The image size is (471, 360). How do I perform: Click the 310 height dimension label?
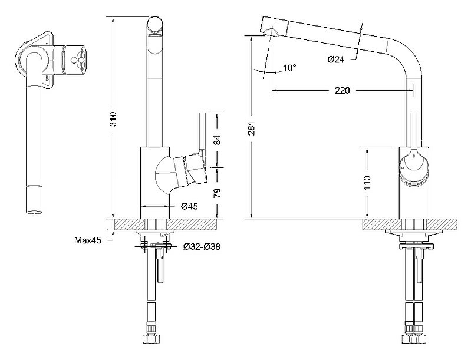click(113, 118)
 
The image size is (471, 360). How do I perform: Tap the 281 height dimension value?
click(252, 128)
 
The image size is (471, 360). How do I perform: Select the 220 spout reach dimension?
click(342, 90)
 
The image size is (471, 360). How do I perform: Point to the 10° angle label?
click(289, 68)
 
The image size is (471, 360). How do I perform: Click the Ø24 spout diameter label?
click(336, 60)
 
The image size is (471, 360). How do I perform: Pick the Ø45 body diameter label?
click(190, 206)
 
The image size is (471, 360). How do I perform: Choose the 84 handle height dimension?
click(217, 140)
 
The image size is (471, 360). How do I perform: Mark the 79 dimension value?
click(217, 193)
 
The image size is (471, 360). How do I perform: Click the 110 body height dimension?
click(367, 183)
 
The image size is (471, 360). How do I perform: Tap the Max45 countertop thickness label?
click(88, 240)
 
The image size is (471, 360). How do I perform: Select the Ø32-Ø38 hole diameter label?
click(202, 247)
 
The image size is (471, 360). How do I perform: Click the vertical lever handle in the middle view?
click(202, 134)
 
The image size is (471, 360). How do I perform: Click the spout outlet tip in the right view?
click(271, 30)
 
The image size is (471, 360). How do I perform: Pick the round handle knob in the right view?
click(414, 167)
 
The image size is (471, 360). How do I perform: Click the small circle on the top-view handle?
click(73, 60)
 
